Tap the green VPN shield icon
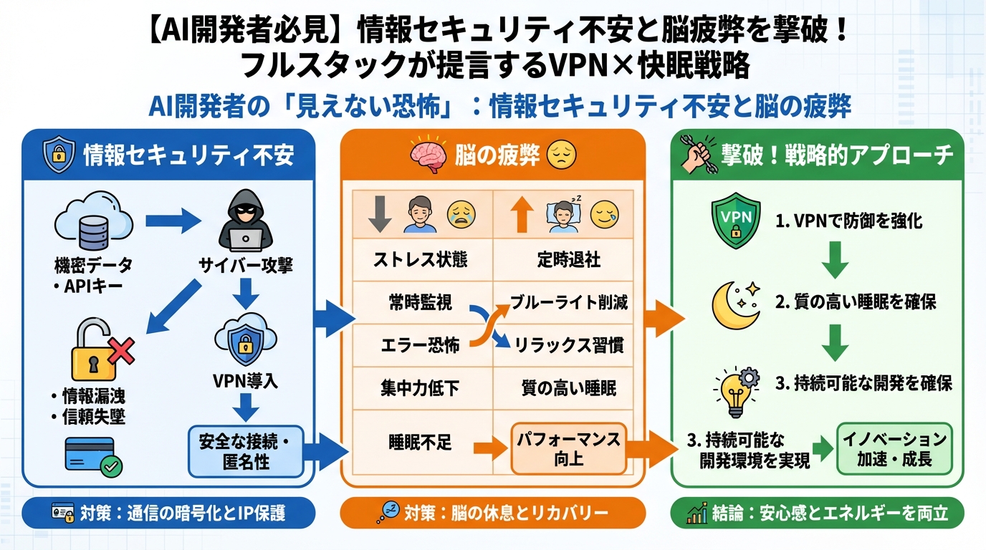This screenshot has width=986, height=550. pyautogui.click(x=734, y=223)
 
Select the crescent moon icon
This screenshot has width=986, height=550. pyautogui.click(x=734, y=304)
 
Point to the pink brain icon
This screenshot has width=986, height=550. pyautogui.click(x=428, y=155)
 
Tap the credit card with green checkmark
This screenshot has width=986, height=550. pyautogui.click(x=93, y=455)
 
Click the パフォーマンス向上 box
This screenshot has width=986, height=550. pyautogui.click(x=568, y=448)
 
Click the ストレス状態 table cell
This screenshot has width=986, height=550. pyautogui.click(x=420, y=259)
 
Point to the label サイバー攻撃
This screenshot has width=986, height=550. pyautogui.click(x=245, y=266)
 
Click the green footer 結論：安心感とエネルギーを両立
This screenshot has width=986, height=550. pyautogui.click(x=817, y=513)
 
